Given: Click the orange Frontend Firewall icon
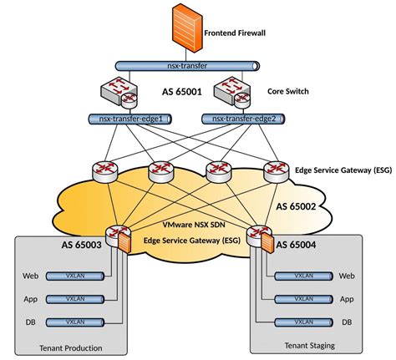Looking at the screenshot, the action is point(187,28).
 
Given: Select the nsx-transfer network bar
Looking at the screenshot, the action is point(187,66).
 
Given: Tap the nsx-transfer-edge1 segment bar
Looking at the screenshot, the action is point(130,119).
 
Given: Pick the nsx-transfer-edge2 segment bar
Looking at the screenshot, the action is point(243,119).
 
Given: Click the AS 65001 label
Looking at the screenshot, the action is point(181,92).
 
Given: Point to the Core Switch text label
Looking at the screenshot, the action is point(288,91).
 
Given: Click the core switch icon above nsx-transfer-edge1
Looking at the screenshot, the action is point(119,93).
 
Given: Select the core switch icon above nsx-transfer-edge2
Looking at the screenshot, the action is point(232,93).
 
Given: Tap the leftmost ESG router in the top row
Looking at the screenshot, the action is point(105,172).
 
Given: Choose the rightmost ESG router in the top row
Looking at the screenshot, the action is point(277,172).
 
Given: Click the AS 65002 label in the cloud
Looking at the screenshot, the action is point(296,206).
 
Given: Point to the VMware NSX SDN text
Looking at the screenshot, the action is point(194,225).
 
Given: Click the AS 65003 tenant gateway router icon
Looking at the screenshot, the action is point(119,237).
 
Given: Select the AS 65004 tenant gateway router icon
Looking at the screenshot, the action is point(260,237).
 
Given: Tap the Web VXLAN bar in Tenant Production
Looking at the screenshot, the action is point(75,276).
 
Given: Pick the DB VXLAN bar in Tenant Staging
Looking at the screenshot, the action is point(303,322).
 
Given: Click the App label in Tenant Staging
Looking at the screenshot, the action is point(347,299).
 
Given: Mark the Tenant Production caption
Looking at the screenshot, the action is point(71,348).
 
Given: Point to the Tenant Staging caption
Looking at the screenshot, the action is point(310,346).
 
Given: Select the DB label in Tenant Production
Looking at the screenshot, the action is point(31,322).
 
